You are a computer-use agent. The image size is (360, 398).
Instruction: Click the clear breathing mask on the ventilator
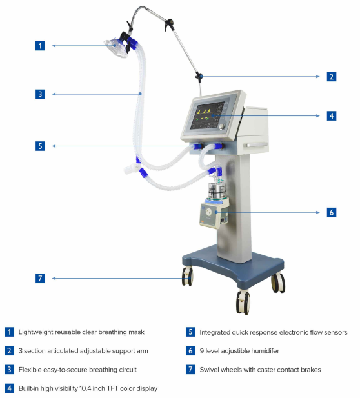pyautogui.click(x=116, y=48)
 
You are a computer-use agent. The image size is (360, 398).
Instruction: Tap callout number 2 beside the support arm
pyautogui.click(x=332, y=77)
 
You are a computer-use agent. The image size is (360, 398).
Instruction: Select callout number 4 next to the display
pyautogui.click(x=332, y=115)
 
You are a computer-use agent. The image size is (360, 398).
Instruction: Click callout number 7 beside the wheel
pyautogui.click(x=40, y=278)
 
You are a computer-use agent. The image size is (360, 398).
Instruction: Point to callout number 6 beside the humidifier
pyautogui.click(x=332, y=212)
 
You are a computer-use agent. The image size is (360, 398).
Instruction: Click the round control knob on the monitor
pyautogui.click(x=222, y=126)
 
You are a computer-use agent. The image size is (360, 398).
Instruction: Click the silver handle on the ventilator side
pyautogui.click(x=256, y=145)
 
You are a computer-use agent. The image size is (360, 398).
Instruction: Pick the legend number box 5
pyautogui.click(x=190, y=332)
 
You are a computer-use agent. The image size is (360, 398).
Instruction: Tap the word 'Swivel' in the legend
pyautogui.click(x=208, y=370)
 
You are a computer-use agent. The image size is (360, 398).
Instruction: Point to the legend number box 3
pyautogui.click(x=9, y=370)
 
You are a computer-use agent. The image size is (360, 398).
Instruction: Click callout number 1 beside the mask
pyautogui.click(x=40, y=46)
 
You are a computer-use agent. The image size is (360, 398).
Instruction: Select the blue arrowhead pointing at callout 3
pyautogui.click(x=54, y=94)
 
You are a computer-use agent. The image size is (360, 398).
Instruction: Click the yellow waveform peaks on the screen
pyautogui.click(x=204, y=111)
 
